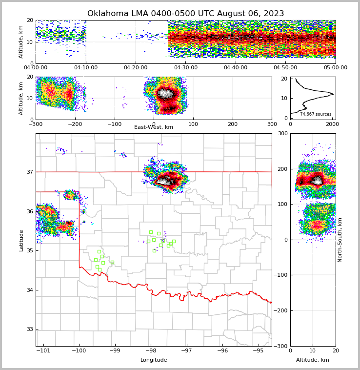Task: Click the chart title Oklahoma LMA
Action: point(185,14)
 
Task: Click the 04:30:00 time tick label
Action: point(186,68)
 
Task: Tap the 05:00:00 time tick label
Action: point(335,68)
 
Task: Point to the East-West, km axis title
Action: point(154,127)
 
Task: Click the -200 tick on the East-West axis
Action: point(75,124)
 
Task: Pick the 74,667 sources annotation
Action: point(316,114)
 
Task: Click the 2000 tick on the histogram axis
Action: point(332,124)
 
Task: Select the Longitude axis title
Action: point(154,360)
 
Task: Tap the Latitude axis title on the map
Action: point(21,240)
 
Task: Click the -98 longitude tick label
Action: point(150,350)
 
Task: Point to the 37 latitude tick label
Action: point(29,172)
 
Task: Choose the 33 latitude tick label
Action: point(29,329)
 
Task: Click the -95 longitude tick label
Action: point(258,350)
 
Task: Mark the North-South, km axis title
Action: point(340,240)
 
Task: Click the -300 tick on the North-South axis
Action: point(282,346)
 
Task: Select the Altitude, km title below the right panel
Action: point(313,360)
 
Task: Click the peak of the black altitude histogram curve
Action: point(333,94)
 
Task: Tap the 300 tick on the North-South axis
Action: point(283,133)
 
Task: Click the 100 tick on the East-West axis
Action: point(193,124)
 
